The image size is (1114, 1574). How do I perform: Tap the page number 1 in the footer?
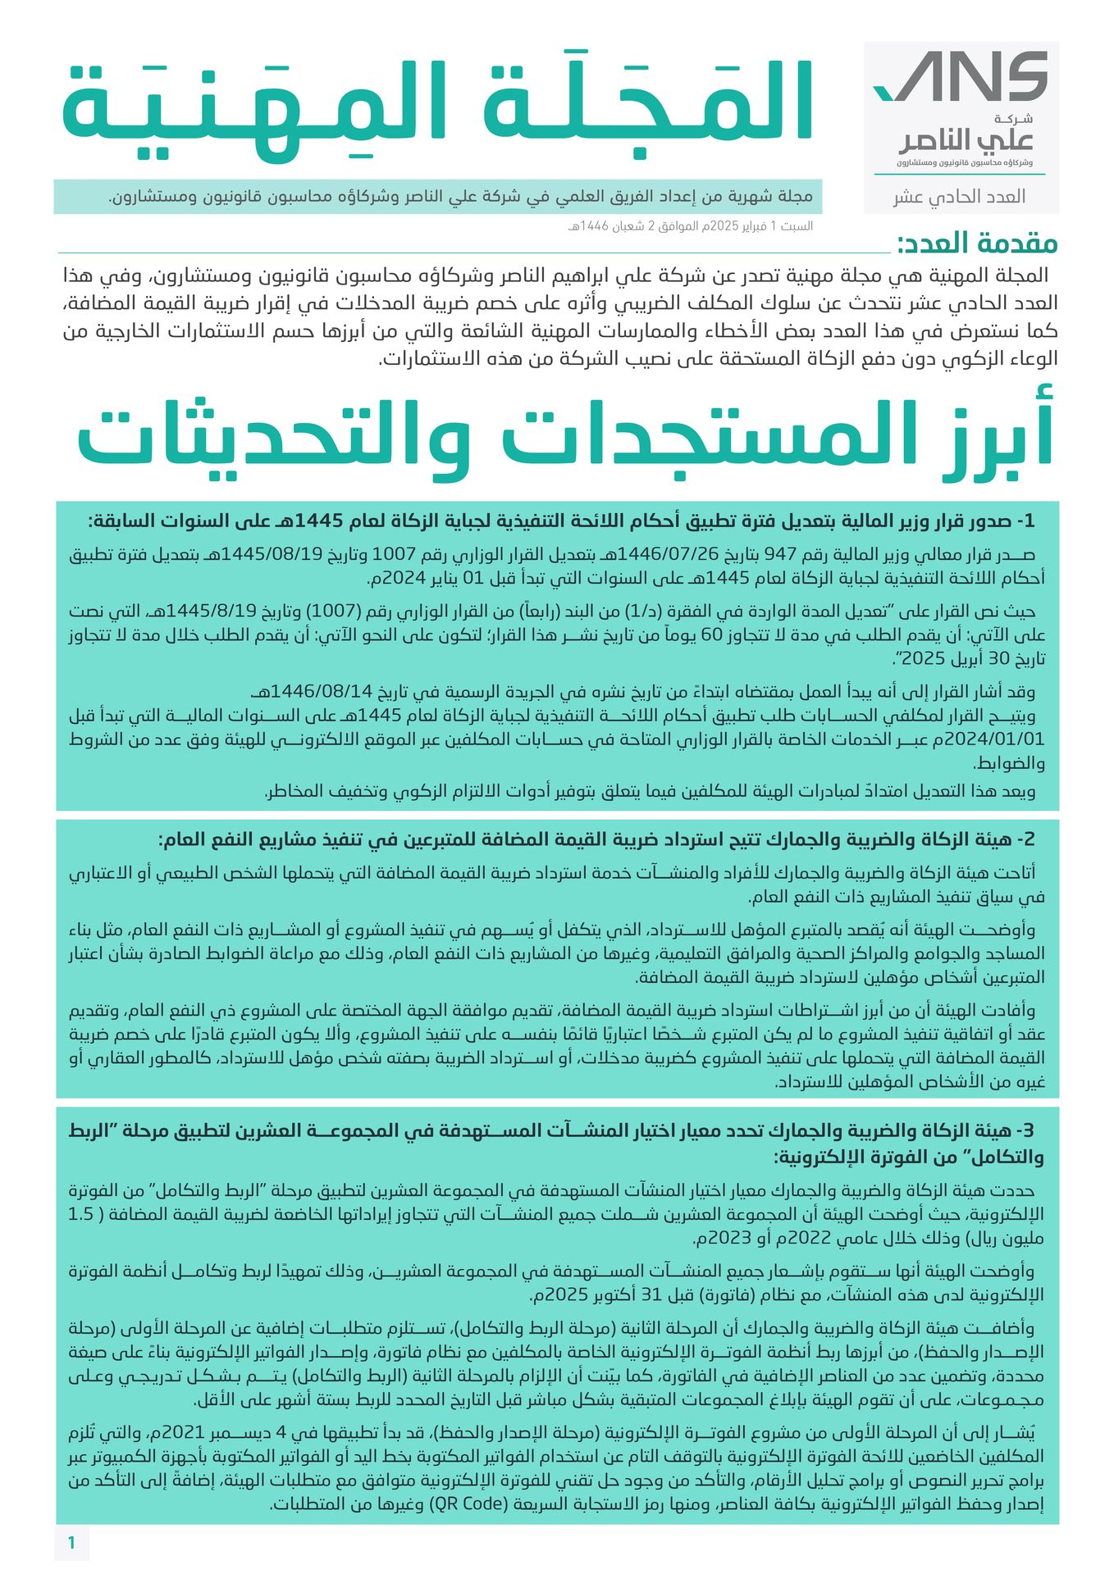71,1543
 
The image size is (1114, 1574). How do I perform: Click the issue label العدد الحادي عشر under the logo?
960,197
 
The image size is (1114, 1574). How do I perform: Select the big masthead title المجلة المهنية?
437,104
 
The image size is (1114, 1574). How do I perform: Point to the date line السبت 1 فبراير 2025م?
689,226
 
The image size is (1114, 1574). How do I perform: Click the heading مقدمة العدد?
977,243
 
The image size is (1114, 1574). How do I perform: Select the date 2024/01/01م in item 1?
993,739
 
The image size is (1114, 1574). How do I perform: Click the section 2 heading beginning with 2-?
597,839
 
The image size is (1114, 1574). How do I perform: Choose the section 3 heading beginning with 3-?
556,1144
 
